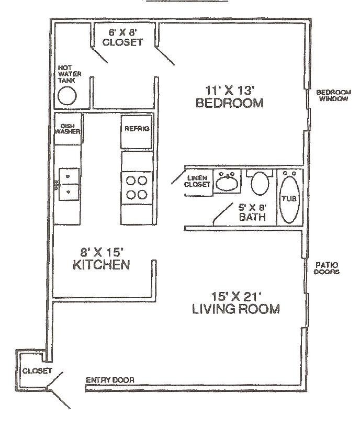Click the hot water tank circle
tap(67, 96)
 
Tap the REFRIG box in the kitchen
tap(137, 129)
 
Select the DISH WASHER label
tap(67, 129)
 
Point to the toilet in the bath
tap(260, 184)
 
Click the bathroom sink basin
tap(227, 183)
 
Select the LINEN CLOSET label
tap(198, 181)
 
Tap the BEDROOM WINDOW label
tap(332, 95)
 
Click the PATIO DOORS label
tap(327, 268)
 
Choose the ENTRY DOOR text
tap(110, 380)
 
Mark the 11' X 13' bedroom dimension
tap(229, 88)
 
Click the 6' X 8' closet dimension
tap(122, 31)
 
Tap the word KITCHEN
tap(100, 265)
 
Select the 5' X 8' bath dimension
tap(252, 206)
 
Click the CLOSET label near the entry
tap(37, 370)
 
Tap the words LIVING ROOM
tap(235, 309)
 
